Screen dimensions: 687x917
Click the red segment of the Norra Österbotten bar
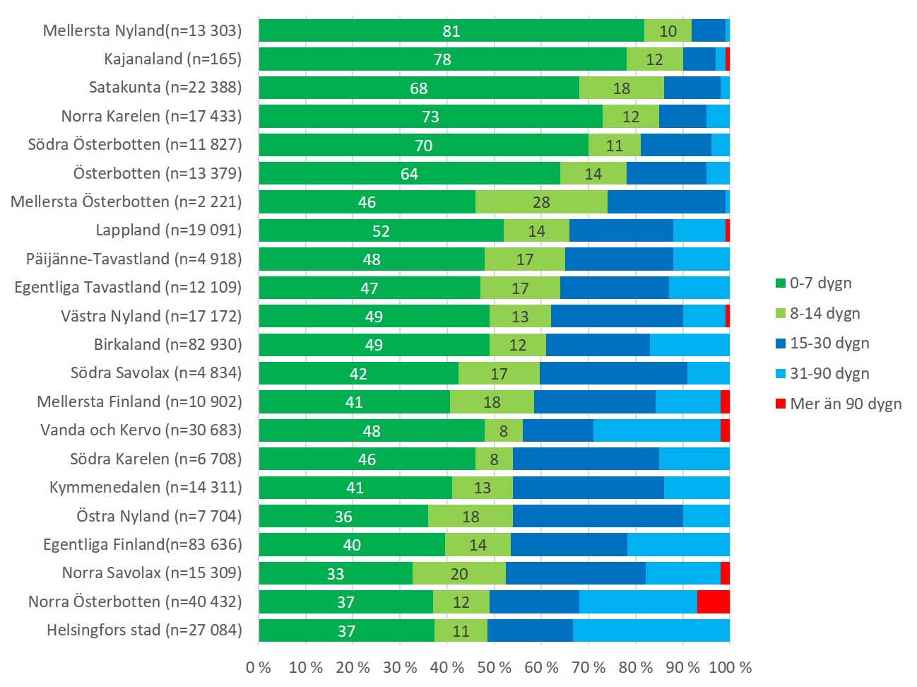[x=713, y=601]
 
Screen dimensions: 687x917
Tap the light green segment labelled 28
[x=541, y=202]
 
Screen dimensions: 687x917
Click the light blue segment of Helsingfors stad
[x=651, y=630]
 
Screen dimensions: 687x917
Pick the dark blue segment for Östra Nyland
[x=598, y=516]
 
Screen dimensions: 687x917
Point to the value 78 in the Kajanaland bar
[x=443, y=59]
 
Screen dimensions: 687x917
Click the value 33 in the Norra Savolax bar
[x=336, y=573]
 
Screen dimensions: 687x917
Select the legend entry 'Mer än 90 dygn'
[x=845, y=404]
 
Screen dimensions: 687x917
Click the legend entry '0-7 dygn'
[x=820, y=283]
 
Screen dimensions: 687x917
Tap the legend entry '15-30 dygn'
[x=829, y=343]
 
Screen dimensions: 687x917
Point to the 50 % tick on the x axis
[x=494, y=667]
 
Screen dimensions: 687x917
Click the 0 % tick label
[x=259, y=667]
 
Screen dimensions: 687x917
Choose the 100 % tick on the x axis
[x=730, y=667]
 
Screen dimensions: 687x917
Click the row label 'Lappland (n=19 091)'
[x=169, y=230]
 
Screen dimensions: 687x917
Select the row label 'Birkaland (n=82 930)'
[x=168, y=344]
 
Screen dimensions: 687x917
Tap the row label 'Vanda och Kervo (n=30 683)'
[x=141, y=430]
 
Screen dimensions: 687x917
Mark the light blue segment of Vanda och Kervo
[x=656, y=430]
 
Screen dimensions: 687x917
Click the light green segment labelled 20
[x=459, y=573]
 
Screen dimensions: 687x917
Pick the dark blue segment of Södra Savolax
[x=613, y=373]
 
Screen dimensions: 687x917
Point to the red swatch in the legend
[x=781, y=404]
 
